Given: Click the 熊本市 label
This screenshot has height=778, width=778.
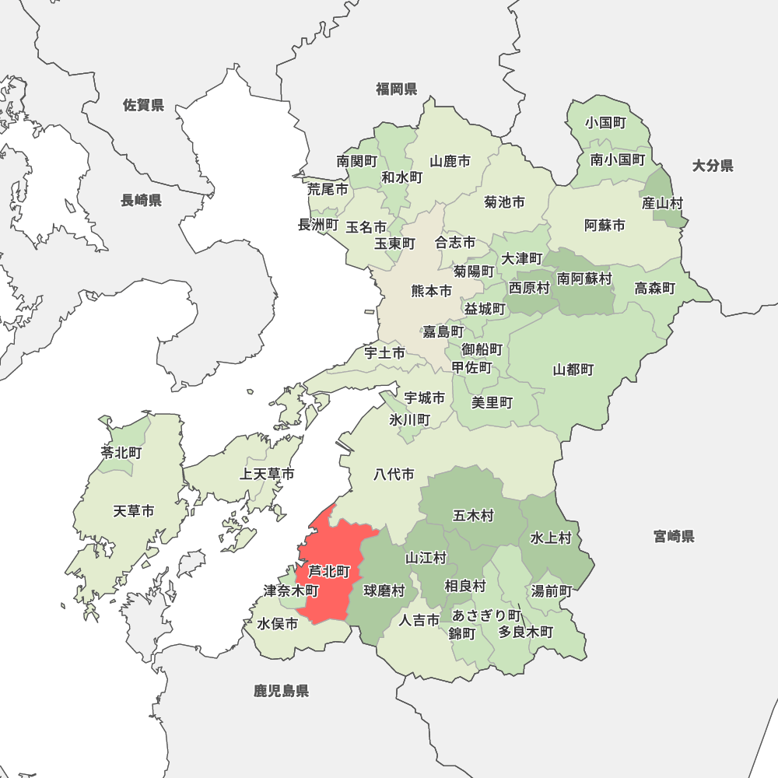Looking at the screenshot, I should click(x=431, y=291).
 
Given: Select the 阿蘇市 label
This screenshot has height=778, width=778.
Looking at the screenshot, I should click(x=605, y=226).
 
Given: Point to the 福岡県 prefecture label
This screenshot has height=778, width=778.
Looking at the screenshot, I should click(x=396, y=89).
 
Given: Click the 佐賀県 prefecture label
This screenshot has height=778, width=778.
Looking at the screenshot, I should click(x=144, y=105).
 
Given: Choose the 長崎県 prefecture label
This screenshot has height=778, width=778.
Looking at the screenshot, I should click(x=141, y=201).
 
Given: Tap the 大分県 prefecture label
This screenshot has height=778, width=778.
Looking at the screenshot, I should click(x=713, y=165).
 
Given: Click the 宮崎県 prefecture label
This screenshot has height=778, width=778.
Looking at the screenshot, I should click(x=674, y=536).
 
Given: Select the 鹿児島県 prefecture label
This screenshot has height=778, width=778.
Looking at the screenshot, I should click(x=281, y=690).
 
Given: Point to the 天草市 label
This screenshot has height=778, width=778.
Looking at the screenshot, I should click(x=134, y=511).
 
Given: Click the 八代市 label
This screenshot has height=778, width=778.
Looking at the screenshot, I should click(x=394, y=474).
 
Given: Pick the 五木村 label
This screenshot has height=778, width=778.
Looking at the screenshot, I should click(x=473, y=515).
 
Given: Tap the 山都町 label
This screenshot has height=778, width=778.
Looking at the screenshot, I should click(x=573, y=370).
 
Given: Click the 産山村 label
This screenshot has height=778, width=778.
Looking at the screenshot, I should click(x=662, y=203).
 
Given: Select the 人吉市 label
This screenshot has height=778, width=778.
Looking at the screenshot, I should click(x=419, y=620).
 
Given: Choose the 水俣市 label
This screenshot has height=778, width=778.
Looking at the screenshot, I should click(x=278, y=624).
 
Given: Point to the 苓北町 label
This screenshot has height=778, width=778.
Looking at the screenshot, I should click(x=121, y=453).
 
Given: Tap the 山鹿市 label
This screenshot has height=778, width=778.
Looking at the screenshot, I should click(x=450, y=162).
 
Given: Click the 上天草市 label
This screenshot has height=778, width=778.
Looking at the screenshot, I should click(x=267, y=474).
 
